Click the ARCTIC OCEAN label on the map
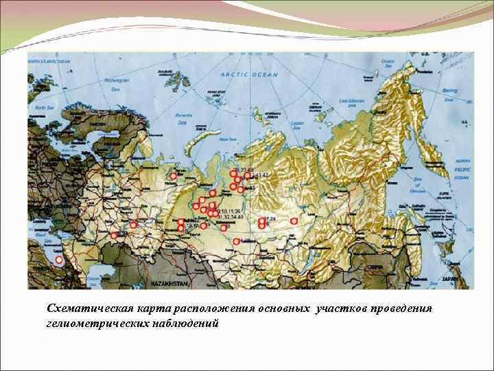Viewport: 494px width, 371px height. [249, 75]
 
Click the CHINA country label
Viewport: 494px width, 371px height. [375, 266]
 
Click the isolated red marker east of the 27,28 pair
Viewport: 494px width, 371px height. [294, 221]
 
